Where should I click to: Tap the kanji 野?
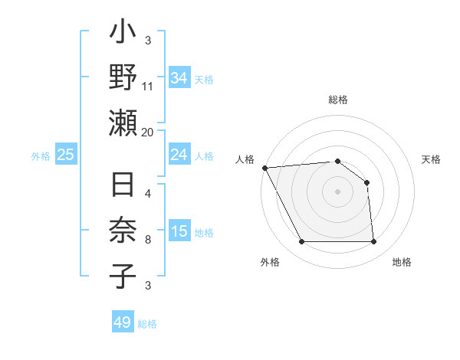tap(123, 79)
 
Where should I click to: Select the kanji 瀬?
tap(123, 123)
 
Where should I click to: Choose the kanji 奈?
tap(123, 231)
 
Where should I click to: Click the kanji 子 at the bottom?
tap(123, 275)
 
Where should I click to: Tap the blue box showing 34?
tap(179, 77)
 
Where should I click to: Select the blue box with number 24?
tap(179, 155)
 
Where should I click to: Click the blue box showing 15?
tap(179, 231)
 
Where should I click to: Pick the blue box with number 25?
tap(65, 155)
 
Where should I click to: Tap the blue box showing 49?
tap(123, 322)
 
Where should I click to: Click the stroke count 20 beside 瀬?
tap(148, 132)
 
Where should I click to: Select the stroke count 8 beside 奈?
tap(148, 240)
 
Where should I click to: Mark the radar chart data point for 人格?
tap(264, 168)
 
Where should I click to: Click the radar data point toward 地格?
tap(374, 242)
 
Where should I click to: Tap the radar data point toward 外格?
tap(301, 242)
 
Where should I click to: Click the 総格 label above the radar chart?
tap(338, 100)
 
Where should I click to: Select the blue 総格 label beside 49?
tap(147, 324)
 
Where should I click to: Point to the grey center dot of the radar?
tap(338, 191)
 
